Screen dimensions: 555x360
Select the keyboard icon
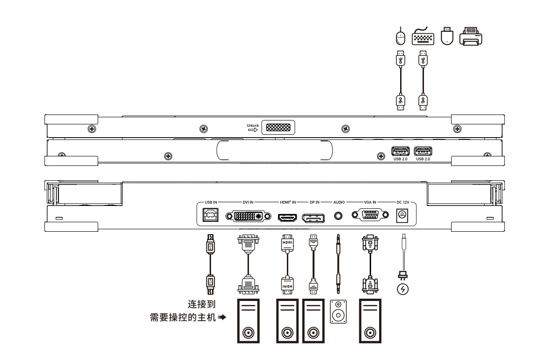(x=423, y=37)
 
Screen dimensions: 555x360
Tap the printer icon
(x=471, y=36)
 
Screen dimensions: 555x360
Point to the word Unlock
(x=253, y=125)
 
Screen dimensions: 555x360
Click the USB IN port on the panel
(x=210, y=215)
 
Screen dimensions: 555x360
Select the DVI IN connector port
(x=248, y=215)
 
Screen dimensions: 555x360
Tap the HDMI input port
(x=287, y=217)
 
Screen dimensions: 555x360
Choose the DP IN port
(x=313, y=218)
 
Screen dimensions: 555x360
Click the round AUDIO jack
(x=338, y=215)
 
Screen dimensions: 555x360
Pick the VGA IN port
(x=370, y=214)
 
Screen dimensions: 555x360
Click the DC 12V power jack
(x=402, y=215)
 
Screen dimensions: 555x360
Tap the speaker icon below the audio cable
(x=338, y=311)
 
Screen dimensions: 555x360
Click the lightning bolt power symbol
(x=403, y=289)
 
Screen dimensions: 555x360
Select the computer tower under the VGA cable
(x=370, y=321)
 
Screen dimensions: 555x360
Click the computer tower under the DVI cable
(x=248, y=321)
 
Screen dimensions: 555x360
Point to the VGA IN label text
(x=370, y=202)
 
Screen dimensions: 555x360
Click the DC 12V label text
(x=403, y=202)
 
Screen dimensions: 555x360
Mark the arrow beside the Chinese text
(x=222, y=317)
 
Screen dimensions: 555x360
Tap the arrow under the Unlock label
(x=253, y=130)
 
